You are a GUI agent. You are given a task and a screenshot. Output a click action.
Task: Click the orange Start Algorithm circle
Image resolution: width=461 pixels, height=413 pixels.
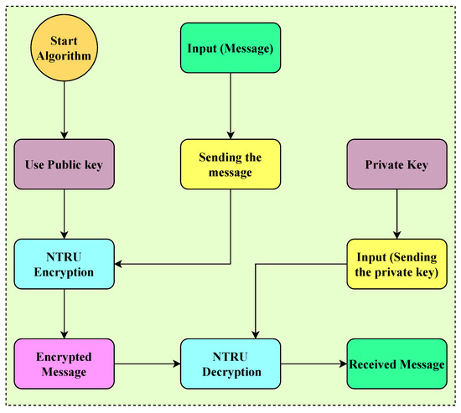(64, 53)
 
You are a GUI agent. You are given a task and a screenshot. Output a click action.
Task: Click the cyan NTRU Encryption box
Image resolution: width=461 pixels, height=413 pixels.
(64, 264)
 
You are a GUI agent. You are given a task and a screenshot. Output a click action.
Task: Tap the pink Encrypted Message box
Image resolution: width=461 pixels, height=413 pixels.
(64, 364)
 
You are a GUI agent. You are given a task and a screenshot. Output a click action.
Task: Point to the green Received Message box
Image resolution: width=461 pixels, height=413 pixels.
(396, 364)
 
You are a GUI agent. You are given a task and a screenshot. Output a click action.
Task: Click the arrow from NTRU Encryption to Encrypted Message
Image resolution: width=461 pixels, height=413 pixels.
(64, 313)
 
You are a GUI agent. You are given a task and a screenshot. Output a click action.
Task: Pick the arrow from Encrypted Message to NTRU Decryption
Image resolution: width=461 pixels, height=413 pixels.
(147, 364)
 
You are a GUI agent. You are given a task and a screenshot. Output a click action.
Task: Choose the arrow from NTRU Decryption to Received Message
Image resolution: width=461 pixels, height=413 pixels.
(312, 364)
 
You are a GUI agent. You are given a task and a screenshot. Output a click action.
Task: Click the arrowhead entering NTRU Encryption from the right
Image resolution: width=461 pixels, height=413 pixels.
(120, 264)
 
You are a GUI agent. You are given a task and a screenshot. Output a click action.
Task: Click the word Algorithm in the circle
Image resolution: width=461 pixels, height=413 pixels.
(64, 61)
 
